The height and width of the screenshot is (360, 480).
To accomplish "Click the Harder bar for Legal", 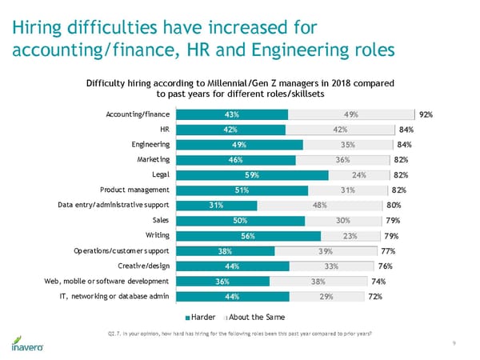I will pos(251,174).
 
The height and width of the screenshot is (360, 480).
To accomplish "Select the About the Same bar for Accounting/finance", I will pos(351,114).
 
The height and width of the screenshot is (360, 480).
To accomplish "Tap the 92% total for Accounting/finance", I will pos(425,114).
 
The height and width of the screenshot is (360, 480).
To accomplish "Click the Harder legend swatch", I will pos(187,313).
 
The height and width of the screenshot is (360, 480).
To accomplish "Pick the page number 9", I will pos(454,343).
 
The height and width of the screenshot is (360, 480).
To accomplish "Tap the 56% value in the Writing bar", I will pos(247,235).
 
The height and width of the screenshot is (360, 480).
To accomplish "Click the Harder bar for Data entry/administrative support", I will pos(216,205).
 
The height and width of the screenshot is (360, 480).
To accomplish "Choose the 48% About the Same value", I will pos(318,205).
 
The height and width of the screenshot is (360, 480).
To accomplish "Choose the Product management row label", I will pos(134,190).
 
